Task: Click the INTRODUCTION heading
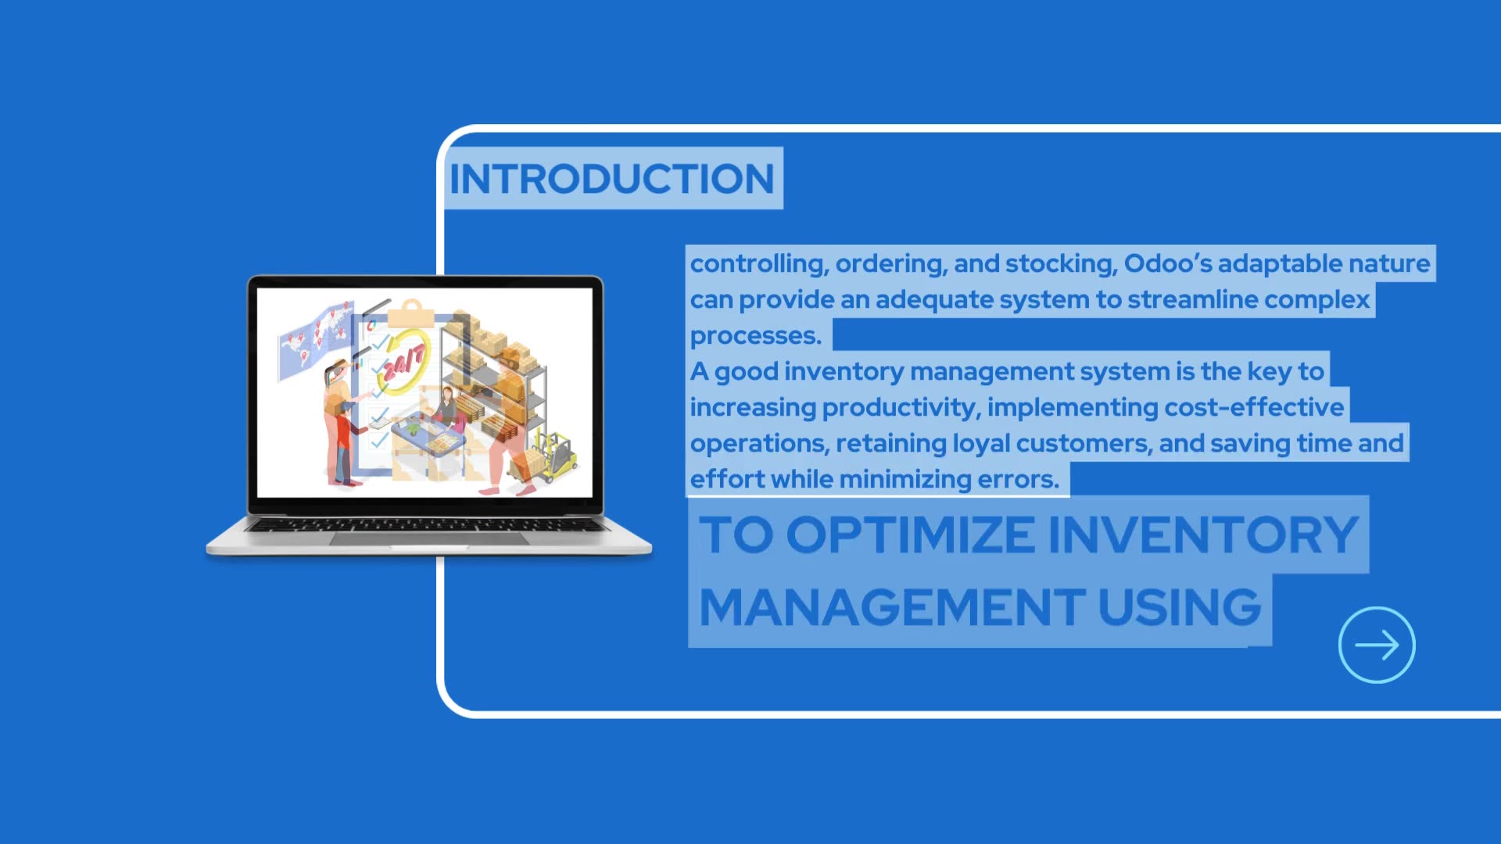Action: point(611,179)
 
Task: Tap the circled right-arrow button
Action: point(1377,645)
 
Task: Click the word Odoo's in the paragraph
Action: point(1168,263)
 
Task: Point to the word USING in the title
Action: point(1180,607)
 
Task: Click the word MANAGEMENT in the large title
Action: point(891,607)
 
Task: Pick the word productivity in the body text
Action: point(898,407)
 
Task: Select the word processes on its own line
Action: point(755,335)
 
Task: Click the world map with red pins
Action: point(313,342)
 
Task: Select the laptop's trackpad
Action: point(428,539)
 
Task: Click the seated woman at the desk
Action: point(446,406)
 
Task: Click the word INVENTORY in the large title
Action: point(1202,535)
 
